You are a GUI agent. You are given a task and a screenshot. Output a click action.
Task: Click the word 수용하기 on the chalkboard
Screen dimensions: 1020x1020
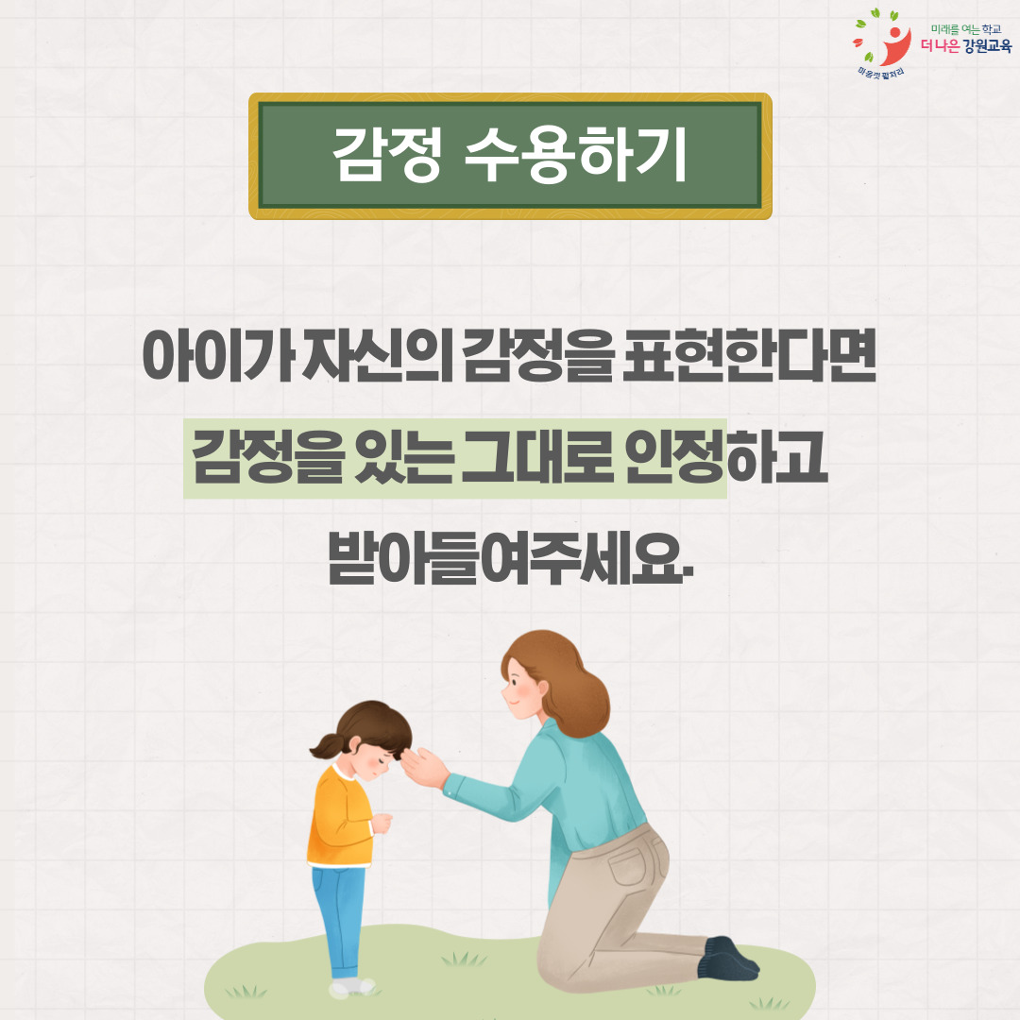point(576,155)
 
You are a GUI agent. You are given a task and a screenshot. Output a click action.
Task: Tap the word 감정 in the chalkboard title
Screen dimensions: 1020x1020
point(387,155)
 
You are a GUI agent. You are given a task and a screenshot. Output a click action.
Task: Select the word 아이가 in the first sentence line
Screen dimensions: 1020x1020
point(218,356)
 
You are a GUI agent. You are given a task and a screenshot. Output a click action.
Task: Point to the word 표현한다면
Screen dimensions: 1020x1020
point(749,355)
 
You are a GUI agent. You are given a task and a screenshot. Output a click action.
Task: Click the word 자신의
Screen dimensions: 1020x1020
point(378,356)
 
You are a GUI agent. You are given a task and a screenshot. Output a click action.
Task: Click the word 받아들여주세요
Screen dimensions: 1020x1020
point(511,557)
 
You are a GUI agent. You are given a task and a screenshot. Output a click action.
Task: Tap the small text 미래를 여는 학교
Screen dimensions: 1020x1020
point(966,29)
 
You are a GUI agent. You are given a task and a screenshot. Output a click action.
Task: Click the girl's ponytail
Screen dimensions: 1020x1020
point(328,746)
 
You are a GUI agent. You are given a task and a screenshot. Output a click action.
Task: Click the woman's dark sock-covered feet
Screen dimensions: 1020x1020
point(728,959)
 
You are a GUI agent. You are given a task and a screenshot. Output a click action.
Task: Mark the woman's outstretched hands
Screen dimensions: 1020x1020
point(423,768)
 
